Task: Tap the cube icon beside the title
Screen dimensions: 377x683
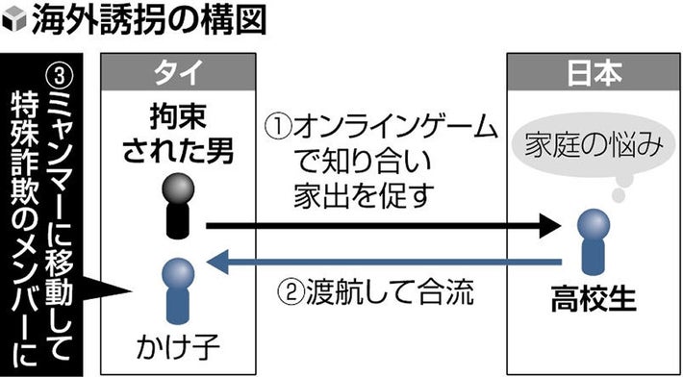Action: point(13,22)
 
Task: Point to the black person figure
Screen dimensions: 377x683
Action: point(176,205)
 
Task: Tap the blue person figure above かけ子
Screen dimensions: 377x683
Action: point(176,289)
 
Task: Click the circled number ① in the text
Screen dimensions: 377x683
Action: point(277,127)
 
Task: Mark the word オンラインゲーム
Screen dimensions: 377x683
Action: point(393,127)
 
